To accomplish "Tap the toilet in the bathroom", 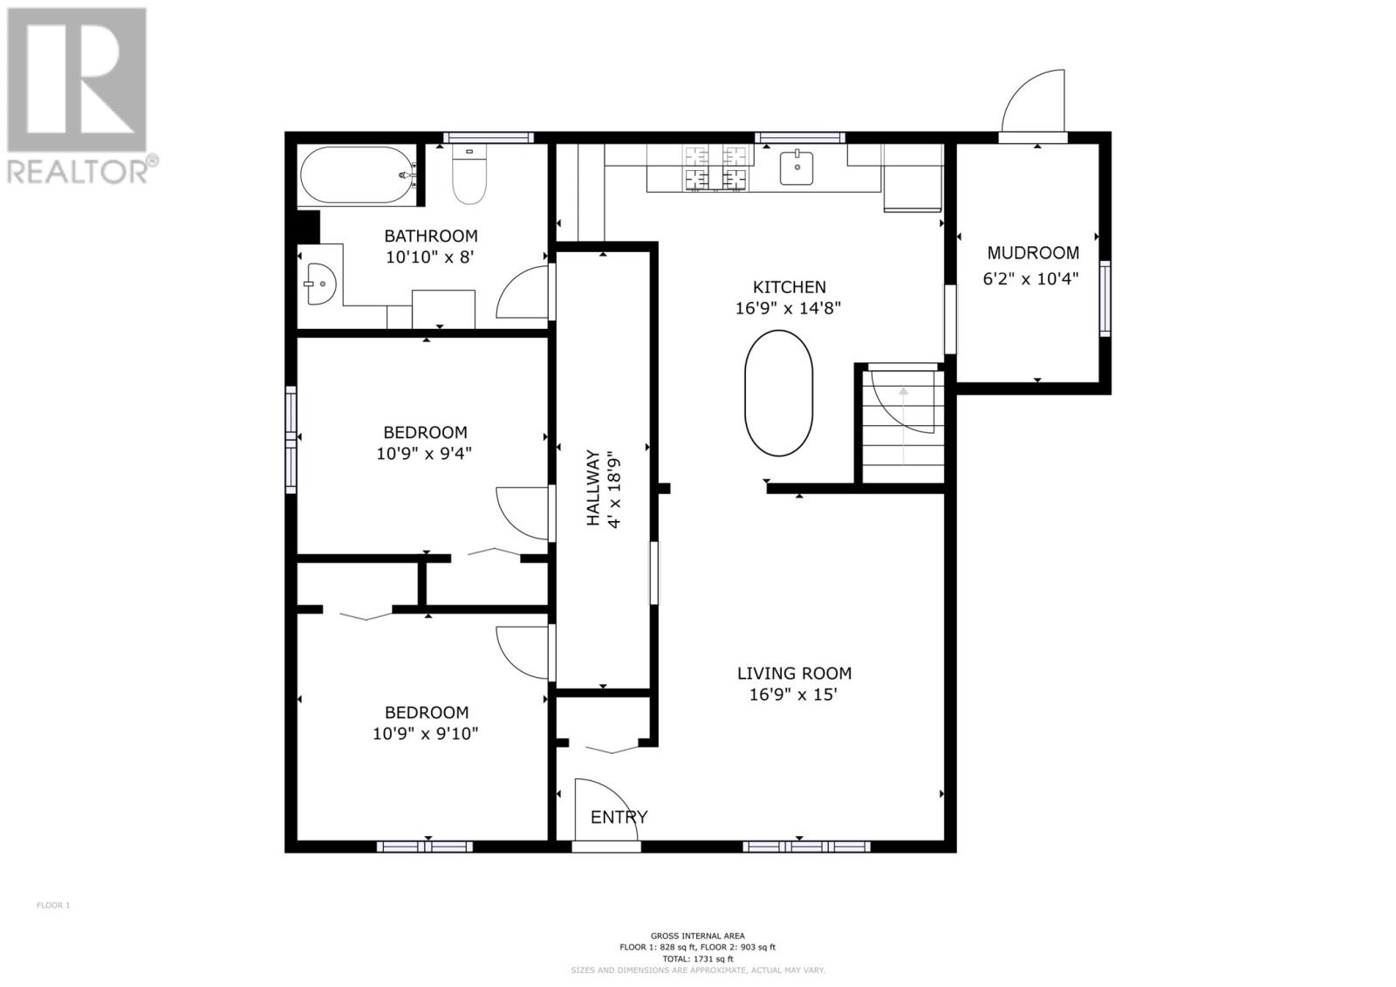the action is pos(469,175).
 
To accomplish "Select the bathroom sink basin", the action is pos(321,284).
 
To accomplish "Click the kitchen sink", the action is pos(797,168).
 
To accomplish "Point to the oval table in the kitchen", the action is pos(778,394).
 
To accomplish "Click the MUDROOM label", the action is pos(1033,253).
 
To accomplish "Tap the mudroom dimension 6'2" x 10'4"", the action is pos(1030,278).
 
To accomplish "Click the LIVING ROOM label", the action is pos(794,674).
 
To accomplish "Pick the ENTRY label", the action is pos(619,817).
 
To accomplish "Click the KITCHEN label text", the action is pos(790,287).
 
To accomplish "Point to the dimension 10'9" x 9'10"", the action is pos(425,734).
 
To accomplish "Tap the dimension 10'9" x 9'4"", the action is pos(424,453).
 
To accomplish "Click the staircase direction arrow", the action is pos(903,425).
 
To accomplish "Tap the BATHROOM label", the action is pos(431,236).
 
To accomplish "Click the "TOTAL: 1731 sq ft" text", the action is pos(697,977).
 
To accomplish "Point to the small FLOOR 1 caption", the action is pos(53,905).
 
